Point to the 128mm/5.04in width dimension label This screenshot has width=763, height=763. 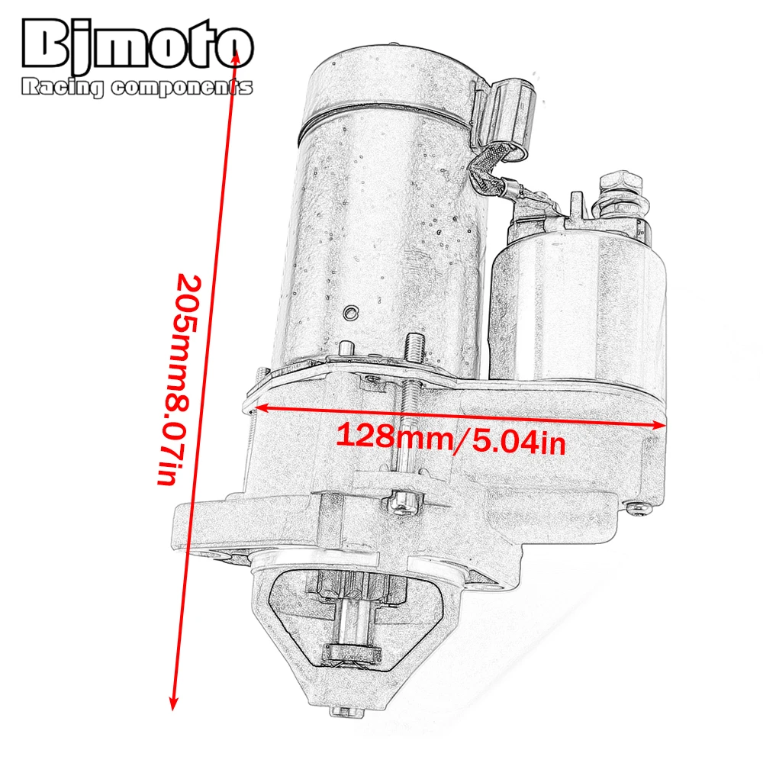click(x=451, y=439)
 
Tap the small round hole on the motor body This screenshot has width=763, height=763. click(x=351, y=312)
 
